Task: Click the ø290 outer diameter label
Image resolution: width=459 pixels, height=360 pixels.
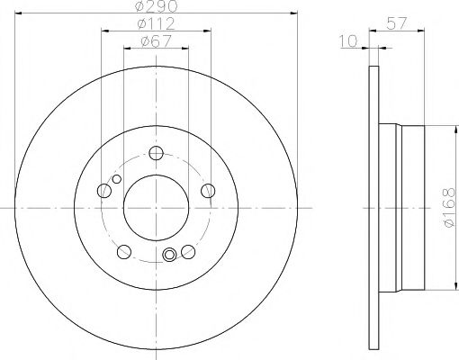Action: [155, 6]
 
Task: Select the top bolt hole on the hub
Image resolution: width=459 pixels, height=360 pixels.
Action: [155, 152]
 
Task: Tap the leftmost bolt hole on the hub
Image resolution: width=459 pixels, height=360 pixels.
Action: [103, 190]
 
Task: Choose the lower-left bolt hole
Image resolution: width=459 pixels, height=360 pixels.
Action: [123, 251]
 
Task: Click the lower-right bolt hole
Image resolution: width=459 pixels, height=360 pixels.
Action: [187, 251]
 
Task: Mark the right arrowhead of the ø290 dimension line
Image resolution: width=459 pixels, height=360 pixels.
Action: [292, 13]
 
